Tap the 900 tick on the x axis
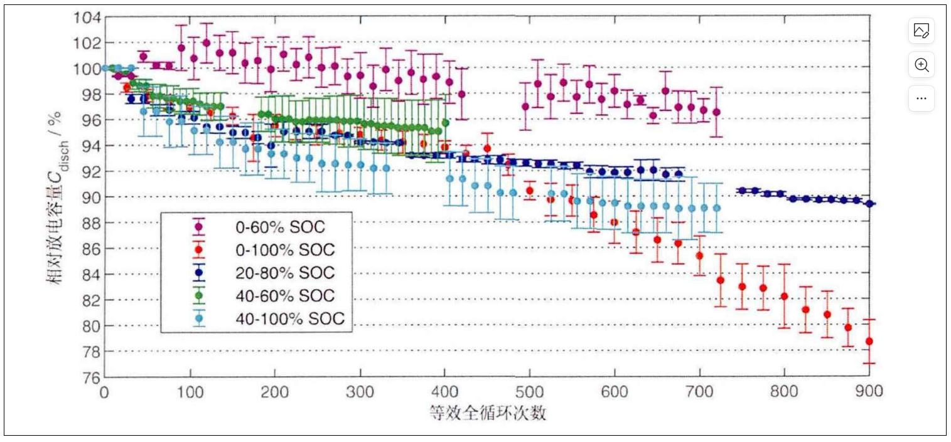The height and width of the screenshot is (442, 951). pos(869,392)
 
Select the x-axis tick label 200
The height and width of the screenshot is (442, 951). pos(274,392)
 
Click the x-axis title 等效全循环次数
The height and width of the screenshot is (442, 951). pos(486,413)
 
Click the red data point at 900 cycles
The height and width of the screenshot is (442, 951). pos(869,341)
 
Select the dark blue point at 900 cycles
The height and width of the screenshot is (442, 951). pos(869,203)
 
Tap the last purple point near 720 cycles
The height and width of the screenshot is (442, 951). pos(716,112)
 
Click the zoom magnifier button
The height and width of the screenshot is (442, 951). pos(921,65)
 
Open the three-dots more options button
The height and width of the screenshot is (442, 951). pos(921,98)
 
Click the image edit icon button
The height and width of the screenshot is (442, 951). pos(921,31)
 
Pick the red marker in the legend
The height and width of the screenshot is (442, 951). pos(199,250)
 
